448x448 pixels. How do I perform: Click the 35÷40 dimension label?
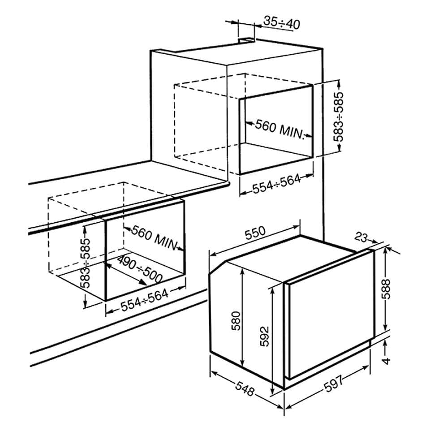point(281,22)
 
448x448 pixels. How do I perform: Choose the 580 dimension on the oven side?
point(236,320)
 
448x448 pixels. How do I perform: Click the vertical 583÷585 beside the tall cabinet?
point(340,117)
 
